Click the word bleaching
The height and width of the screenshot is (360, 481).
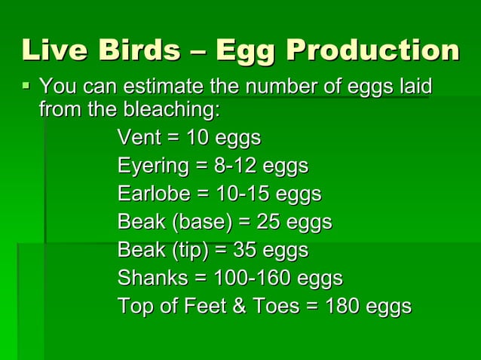pyautogui.click(x=170, y=111)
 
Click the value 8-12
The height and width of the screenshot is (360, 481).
pyautogui.click(x=233, y=166)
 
